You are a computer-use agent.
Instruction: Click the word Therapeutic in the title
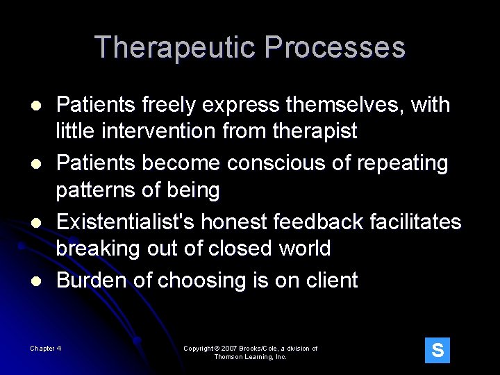(176, 48)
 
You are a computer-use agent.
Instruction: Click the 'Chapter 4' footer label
(46, 349)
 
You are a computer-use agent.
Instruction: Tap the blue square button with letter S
(437, 351)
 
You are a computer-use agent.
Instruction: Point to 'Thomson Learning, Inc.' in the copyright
(250, 357)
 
